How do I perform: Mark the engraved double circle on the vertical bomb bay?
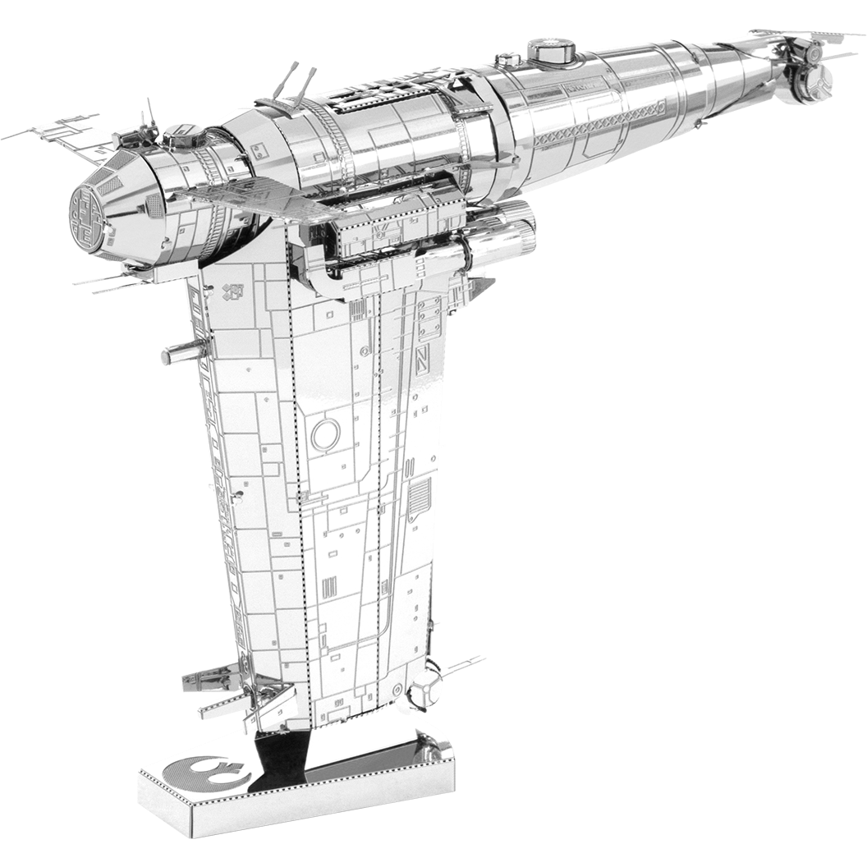pos(326,433)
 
